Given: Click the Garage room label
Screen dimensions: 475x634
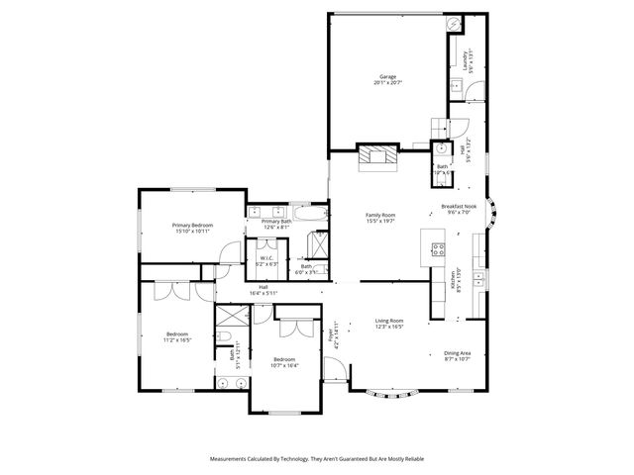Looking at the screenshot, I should coord(387,76).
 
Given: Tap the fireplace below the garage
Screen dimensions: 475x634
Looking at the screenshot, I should coord(375,156).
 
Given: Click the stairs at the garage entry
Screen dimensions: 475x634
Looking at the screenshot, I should coord(441,129).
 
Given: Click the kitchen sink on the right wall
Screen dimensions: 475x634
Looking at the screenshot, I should coord(478,274).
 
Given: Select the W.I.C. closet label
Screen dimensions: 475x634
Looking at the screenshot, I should coord(266,258).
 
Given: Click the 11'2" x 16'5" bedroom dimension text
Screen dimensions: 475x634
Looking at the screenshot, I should coord(178,339).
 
